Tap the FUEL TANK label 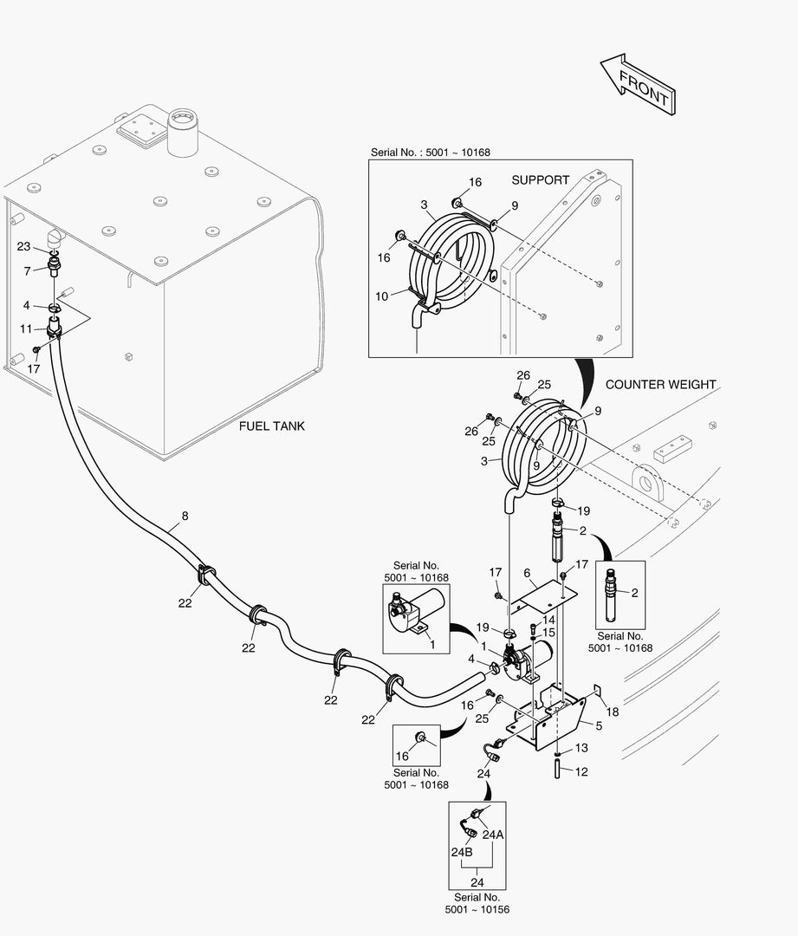(272, 426)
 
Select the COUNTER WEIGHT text (661, 384)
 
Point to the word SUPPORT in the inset (540, 180)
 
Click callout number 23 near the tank (23, 246)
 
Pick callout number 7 (27, 271)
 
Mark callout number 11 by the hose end (26, 328)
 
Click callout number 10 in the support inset (382, 296)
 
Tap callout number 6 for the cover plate (527, 574)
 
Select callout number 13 (581, 747)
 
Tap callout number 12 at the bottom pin (581, 770)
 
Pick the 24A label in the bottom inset (493, 835)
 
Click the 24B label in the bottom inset (462, 852)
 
